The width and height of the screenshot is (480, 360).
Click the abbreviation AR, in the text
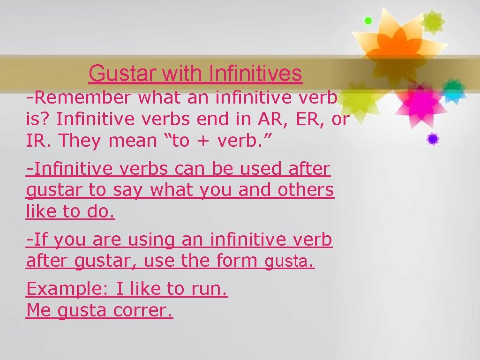tap(269, 119)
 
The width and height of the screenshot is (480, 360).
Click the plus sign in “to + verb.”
tap(202, 141)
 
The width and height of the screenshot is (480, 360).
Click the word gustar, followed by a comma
tap(104, 261)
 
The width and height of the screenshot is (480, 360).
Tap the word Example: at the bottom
tap(67, 289)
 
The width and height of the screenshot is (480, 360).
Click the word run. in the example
tap(210, 289)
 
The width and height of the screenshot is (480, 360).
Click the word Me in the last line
tap(39, 310)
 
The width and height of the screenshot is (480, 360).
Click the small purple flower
tap(433, 139)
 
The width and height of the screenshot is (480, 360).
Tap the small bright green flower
tap(368, 21)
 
